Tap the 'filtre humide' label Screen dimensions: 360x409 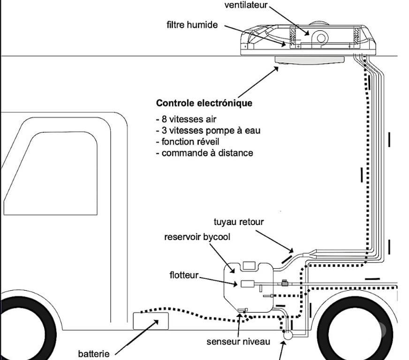click(x=192, y=24)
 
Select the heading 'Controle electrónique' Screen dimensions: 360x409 click(x=204, y=103)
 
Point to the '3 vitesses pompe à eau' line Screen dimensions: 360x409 click(x=208, y=130)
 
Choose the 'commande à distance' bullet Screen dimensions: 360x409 click(x=204, y=153)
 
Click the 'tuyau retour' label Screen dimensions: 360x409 click(x=238, y=222)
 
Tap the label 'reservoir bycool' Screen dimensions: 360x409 click(x=197, y=237)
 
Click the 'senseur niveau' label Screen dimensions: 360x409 click(x=238, y=341)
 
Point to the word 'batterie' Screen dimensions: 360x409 click(x=93, y=353)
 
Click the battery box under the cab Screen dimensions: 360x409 click(x=151, y=322)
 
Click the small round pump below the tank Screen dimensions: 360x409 click(x=288, y=335)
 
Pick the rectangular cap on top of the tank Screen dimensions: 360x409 click(x=250, y=266)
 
